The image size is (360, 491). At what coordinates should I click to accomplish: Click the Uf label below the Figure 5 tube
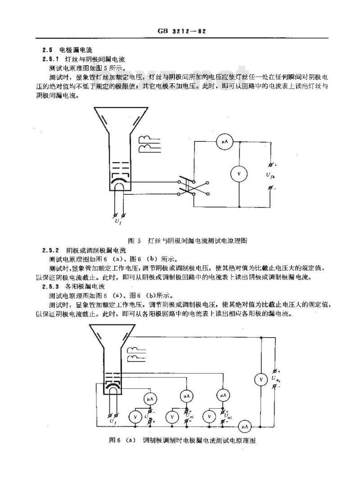point(118,222)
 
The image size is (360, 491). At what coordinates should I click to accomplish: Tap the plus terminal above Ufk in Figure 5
point(270,164)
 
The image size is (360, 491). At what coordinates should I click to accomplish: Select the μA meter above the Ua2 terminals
point(223,395)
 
